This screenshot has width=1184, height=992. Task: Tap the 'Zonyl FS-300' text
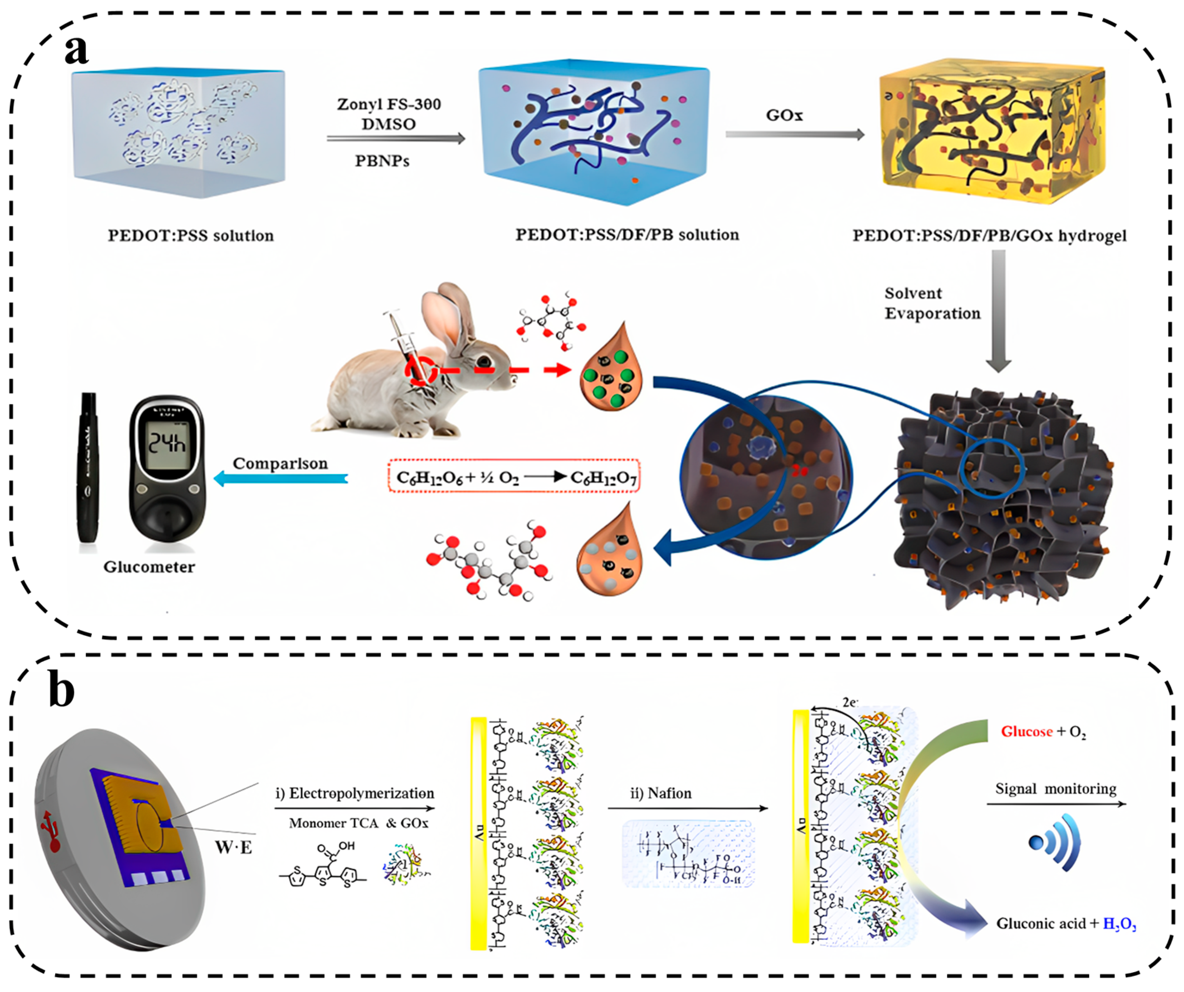coord(389,104)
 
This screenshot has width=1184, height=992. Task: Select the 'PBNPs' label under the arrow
coord(382,161)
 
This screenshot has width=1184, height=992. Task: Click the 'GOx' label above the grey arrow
coord(784,115)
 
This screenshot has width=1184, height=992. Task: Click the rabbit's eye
coord(483,361)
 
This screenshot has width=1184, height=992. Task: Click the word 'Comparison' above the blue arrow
coord(280,463)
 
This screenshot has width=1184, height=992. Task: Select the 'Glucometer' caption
coord(149,567)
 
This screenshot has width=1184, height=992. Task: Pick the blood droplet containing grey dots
coord(609,552)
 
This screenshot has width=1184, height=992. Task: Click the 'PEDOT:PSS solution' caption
coord(191,236)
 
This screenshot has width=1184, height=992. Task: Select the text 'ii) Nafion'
coord(660,794)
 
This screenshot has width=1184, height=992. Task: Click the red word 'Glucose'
coord(1026,732)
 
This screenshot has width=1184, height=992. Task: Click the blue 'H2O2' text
coord(1119,924)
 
